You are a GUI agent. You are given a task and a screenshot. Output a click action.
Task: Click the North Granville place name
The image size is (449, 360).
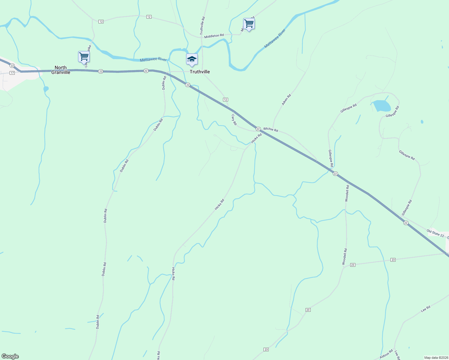pyautogui.click(x=61, y=70)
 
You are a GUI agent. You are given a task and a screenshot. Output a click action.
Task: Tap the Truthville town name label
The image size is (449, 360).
pyautogui.click(x=200, y=72)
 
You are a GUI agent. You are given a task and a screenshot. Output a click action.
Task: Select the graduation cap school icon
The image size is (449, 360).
pyautogui.click(x=192, y=59)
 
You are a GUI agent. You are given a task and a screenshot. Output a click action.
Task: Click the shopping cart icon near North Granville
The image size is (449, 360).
pyautogui.click(x=84, y=56)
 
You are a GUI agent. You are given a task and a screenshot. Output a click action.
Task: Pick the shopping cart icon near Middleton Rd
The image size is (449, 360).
pyautogui.click(x=249, y=23)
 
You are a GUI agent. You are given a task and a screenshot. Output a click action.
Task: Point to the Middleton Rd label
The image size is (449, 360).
pyautogui.click(x=214, y=36)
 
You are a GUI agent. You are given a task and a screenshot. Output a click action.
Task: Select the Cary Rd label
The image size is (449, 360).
pyautogui.click(x=234, y=119)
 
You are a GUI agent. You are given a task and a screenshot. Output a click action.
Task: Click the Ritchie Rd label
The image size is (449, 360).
pyautogui.click(x=271, y=130)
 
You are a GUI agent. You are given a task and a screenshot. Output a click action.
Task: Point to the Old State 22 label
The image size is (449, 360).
pyautogui.click(x=435, y=233)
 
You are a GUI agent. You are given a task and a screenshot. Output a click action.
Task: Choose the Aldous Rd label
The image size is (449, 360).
pyautogui.click(x=386, y=354)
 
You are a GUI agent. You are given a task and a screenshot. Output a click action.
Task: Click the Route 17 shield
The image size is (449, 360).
pyautogui.click(x=12, y=73)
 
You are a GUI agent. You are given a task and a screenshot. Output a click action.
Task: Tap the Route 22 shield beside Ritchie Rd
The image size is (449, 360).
pyautogui.click(x=258, y=129)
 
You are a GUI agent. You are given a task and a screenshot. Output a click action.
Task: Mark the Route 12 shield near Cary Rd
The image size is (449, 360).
pyautogui.click(x=225, y=100)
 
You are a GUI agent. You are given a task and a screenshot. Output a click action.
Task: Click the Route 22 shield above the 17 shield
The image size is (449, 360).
pyautogui.click(x=12, y=65)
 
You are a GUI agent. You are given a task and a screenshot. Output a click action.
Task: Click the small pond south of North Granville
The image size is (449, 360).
pyautogui.click(x=46, y=89)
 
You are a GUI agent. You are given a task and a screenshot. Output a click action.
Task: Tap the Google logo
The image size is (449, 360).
pyautogui.click(x=10, y=356)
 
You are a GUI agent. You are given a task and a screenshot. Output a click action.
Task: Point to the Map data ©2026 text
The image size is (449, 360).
pyautogui.click(x=435, y=358)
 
